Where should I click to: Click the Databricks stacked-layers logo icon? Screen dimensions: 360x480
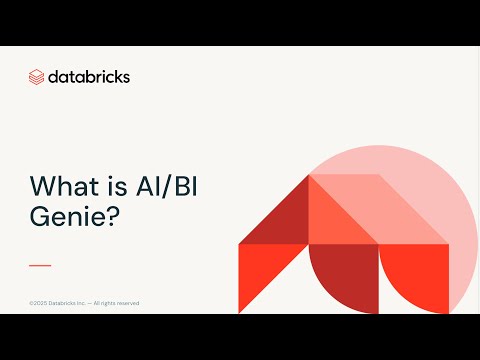pyautogui.click(x=37, y=76)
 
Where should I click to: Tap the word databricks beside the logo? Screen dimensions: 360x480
pyautogui.click(x=89, y=76)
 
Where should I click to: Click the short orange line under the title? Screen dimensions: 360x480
pyautogui.click(x=40, y=265)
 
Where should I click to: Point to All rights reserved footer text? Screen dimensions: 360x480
pyautogui.click(x=118, y=303)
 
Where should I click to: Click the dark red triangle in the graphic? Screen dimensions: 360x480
pyautogui.click(x=281, y=215)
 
